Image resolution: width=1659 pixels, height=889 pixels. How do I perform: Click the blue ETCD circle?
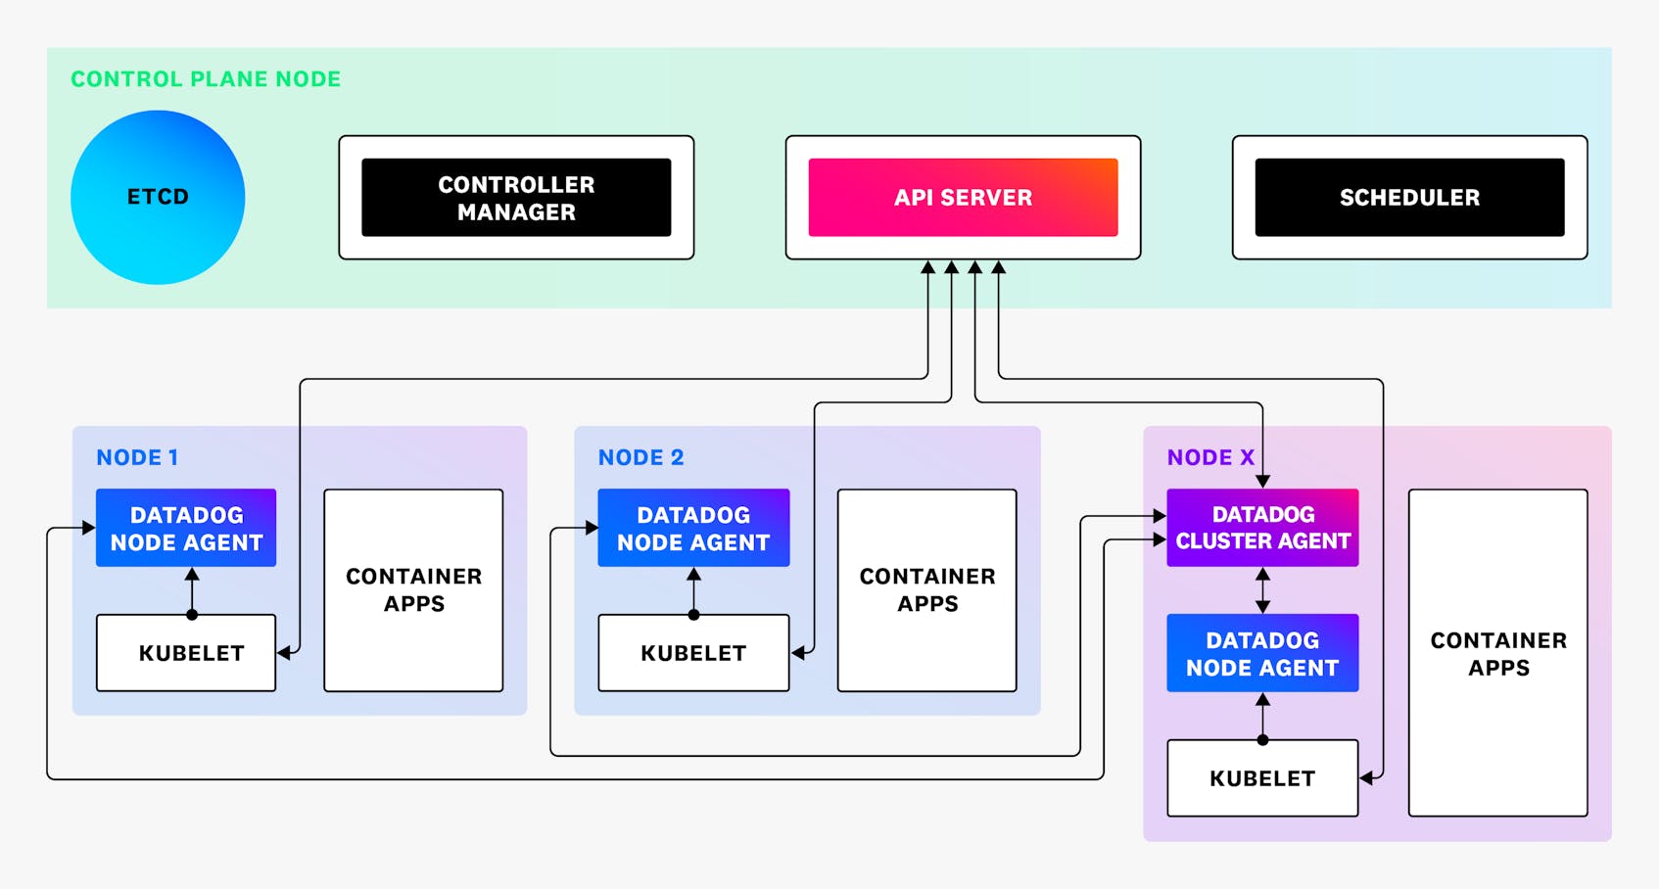click(x=158, y=197)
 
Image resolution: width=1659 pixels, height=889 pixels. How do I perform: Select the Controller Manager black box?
click(x=516, y=198)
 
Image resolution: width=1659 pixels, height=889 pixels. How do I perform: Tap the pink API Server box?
click(x=963, y=198)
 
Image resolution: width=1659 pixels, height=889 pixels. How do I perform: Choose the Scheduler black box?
click(x=1409, y=198)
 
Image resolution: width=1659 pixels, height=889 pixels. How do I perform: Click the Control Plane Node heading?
click(x=206, y=79)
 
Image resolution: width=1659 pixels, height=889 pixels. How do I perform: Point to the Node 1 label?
click(x=137, y=457)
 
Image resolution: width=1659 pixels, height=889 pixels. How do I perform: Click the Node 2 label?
click(x=640, y=457)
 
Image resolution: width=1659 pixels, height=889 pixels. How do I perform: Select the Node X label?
click(x=1209, y=457)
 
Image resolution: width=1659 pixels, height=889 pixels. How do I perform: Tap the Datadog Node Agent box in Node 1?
click(x=186, y=528)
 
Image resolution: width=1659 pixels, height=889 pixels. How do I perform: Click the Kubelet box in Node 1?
click(x=186, y=653)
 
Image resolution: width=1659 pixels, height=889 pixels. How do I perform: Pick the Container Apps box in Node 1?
click(x=413, y=590)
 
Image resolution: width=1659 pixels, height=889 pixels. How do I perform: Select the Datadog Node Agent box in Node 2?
click(x=693, y=528)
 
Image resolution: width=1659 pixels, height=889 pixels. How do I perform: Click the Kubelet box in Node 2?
click(x=693, y=653)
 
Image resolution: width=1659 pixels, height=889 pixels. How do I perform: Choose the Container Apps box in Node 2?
click(x=926, y=590)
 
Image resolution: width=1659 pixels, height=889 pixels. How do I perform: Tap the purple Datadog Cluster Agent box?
click(x=1262, y=528)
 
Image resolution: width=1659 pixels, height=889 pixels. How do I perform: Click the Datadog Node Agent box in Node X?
click(x=1262, y=653)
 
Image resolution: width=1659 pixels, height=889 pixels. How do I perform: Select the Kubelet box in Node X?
click(x=1262, y=778)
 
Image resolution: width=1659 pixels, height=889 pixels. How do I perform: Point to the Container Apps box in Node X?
click(x=1497, y=653)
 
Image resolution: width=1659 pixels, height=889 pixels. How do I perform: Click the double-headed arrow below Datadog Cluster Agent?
click(x=1262, y=590)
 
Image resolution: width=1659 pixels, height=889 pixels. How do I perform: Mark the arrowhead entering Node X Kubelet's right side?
click(x=1367, y=778)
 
